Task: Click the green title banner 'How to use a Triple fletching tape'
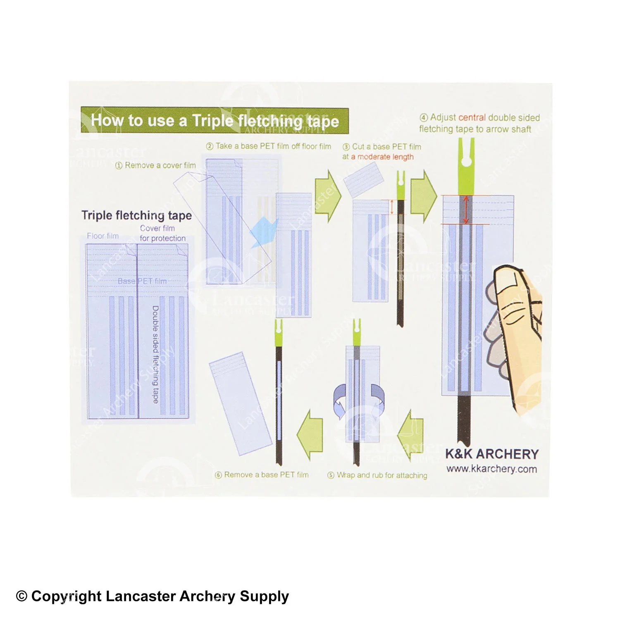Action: tap(215, 120)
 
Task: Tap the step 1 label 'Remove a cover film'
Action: tap(155, 165)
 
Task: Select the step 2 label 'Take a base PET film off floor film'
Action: tap(269, 146)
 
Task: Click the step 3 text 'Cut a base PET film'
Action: tap(382, 147)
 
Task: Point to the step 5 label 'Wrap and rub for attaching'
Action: tap(377, 475)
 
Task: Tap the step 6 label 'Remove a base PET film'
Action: tap(262, 475)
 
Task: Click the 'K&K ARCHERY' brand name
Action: tap(492, 454)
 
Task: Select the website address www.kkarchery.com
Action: tap(491, 469)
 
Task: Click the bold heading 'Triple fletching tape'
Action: tap(136, 215)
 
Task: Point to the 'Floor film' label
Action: tap(103, 236)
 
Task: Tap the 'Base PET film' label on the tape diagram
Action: tap(142, 281)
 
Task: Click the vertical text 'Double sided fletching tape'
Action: tap(155, 355)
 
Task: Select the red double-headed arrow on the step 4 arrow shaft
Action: tap(466, 210)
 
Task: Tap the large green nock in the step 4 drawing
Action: tap(466, 166)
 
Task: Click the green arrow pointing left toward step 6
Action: tap(310, 435)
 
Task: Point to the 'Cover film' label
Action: tap(157, 228)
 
